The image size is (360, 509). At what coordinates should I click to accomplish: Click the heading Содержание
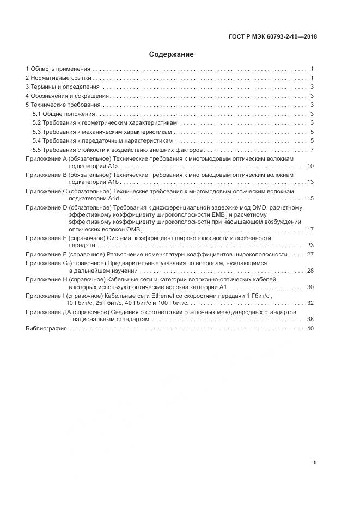pyautogui.click(x=172, y=54)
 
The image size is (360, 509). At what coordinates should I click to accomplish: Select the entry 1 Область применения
pyautogui.click(x=58, y=69)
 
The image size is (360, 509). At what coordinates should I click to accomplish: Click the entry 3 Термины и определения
pyautogui.click(x=63, y=87)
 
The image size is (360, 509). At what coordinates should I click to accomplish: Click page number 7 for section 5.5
pyautogui.click(x=312, y=150)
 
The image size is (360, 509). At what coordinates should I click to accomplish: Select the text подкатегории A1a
pyautogui.click(x=95, y=166)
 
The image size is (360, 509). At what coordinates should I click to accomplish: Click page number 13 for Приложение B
pyautogui.click(x=310, y=182)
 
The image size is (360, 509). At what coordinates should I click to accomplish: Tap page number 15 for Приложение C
pyautogui.click(x=310, y=198)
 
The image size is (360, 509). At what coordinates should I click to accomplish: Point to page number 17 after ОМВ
pyautogui.click(x=310, y=229)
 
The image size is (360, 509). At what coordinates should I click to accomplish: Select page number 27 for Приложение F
pyautogui.click(x=310, y=254)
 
